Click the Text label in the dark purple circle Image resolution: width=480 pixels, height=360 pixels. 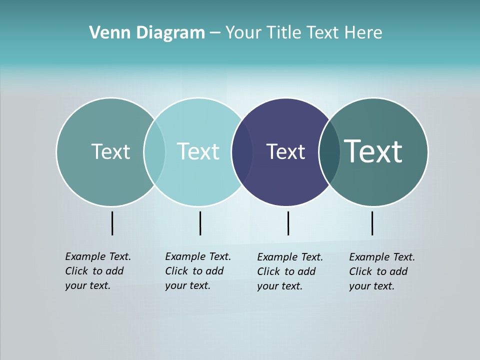285,152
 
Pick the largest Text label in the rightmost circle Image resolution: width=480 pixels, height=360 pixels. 373,151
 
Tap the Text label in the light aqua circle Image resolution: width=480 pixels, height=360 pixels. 198,151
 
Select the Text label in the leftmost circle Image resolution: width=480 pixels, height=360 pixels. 110,151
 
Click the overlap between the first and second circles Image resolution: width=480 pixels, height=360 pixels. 154,152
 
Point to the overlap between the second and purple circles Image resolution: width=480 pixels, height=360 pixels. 242,152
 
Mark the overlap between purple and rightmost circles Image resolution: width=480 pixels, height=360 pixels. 329,152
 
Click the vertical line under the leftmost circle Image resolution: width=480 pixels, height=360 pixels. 112,223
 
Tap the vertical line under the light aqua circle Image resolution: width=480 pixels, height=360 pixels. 200,223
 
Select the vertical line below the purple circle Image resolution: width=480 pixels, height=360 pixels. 288,223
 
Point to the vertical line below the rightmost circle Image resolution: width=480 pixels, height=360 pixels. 372,223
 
